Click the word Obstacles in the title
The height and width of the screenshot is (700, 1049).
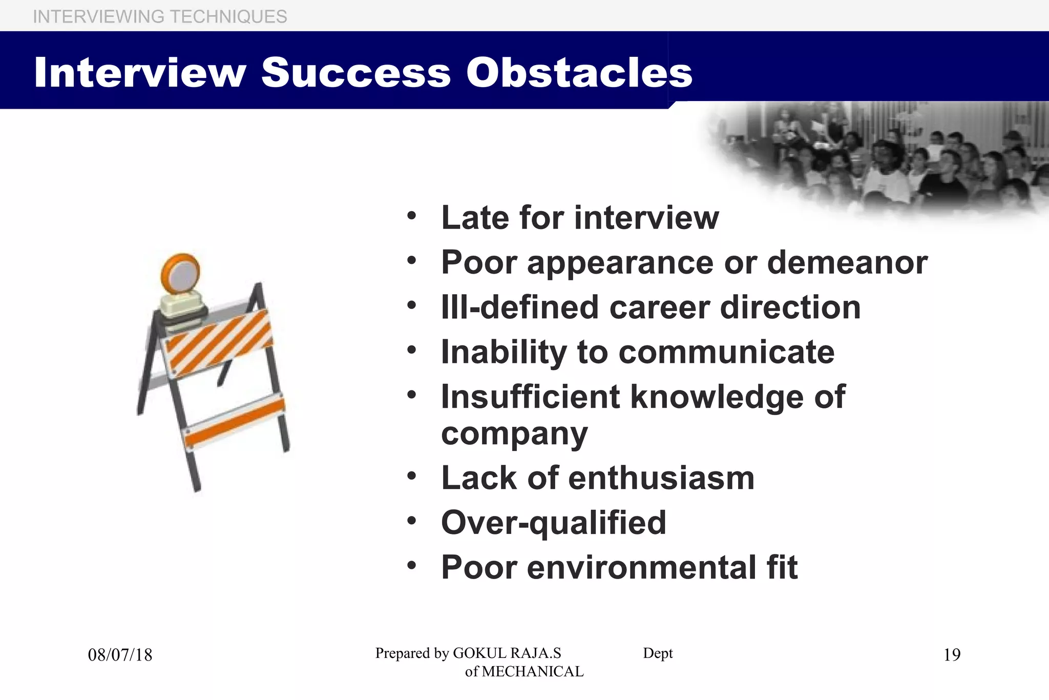[x=579, y=72]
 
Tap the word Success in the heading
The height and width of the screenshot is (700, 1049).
[x=356, y=72]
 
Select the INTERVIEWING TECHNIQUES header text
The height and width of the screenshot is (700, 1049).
[x=160, y=16]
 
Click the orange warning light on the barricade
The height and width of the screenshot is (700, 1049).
[x=181, y=274]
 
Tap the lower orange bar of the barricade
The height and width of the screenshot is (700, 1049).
[x=234, y=421]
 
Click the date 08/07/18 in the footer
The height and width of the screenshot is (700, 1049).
[x=120, y=655]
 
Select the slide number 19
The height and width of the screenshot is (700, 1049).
[x=952, y=655]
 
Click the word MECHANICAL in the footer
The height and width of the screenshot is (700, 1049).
[x=533, y=671]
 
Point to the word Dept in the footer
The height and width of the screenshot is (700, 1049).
[x=658, y=653]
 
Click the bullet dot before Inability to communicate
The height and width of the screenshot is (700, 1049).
[x=412, y=351]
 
